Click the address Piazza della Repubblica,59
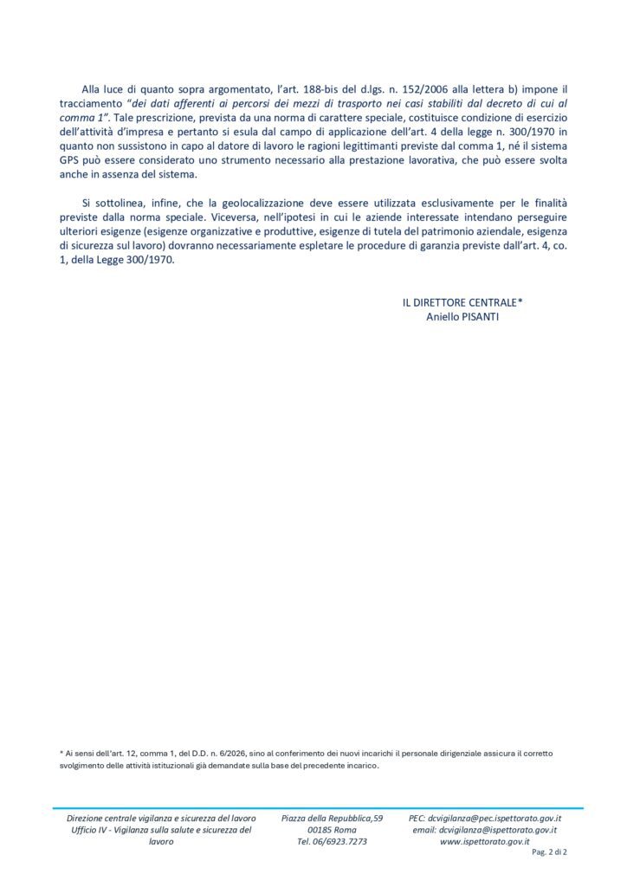333,818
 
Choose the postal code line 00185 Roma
333,830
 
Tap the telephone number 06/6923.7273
333,842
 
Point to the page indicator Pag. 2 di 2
547,852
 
